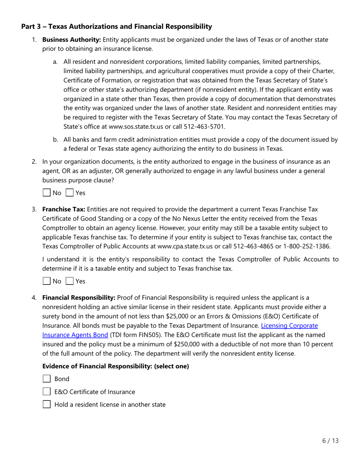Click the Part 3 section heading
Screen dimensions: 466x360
pos(116,27)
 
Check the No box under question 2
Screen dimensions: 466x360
pos(47,193)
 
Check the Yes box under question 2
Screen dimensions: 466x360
pos(69,193)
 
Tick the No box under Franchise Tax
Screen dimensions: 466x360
pos(47,281)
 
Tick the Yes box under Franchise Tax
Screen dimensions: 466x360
pos(69,281)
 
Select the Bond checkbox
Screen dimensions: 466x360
pos(47,379)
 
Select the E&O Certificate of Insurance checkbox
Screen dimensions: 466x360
pos(47,392)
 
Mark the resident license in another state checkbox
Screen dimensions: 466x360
pos(47,404)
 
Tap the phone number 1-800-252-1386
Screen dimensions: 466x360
pos(308,246)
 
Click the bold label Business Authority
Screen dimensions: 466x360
pos(72,40)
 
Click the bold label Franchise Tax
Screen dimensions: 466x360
pos(64,209)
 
